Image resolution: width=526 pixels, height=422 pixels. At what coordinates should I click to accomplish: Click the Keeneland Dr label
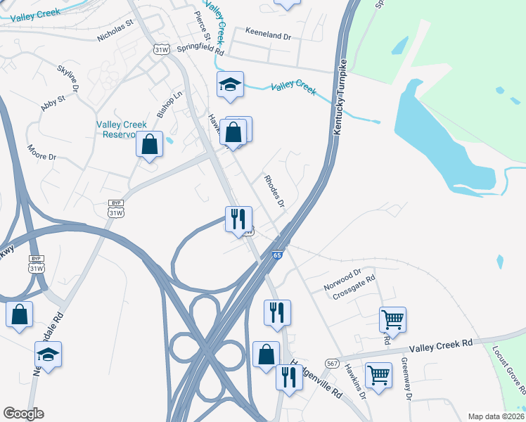268,32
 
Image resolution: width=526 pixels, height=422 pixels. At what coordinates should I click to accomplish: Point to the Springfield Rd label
200,51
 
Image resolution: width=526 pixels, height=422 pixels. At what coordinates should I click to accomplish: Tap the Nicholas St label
115,32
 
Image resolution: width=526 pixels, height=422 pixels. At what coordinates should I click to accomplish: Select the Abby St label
53,103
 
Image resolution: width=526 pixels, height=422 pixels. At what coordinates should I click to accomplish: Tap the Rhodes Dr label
274,191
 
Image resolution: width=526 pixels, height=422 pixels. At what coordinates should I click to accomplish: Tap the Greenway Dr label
406,377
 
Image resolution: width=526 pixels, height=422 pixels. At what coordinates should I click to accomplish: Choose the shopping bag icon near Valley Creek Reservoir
149,146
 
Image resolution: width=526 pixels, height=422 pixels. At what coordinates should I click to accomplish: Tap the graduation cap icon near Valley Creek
230,85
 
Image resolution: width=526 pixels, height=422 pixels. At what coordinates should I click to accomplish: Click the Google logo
23,414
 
